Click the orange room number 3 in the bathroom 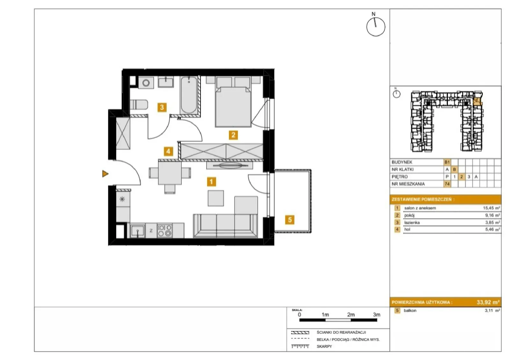click(x=162, y=107)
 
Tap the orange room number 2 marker click(x=233, y=135)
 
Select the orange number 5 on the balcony click(x=290, y=220)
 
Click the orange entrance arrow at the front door click(x=105, y=174)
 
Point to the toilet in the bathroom click(x=139, y=105)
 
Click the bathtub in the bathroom click(x=189, y=95)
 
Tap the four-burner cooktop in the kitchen click(x=164, y=231)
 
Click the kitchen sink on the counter click(x=137, y=231)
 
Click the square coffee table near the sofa click(x=215, y=198)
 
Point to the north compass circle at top click(x=376, y=27)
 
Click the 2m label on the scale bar click(x=351, y=314)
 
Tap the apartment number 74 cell click(x=447, y=184)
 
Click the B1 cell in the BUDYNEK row click(x=447, y=162)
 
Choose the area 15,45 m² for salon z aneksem click(x=491, y=208)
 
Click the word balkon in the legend click(x=410, y=310)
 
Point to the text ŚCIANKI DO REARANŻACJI click(x=341, y=332)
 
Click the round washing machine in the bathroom click(x=146, y=83)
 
